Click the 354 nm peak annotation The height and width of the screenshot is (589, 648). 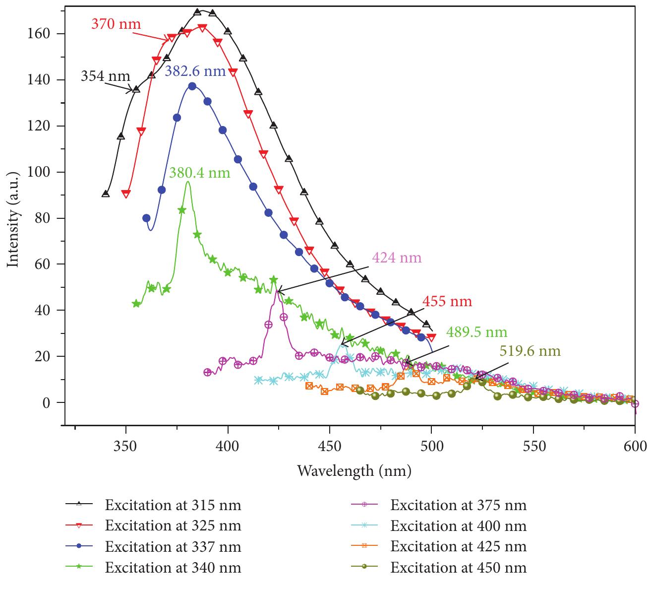pos(106,76)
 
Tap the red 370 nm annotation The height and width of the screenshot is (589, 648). pos(116,23)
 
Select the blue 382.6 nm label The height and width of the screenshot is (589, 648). pos(195,71)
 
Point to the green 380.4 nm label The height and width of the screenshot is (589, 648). pos(200,173)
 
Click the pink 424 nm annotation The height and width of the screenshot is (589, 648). pos(396,258)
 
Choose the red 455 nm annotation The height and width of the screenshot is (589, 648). pos(447,301)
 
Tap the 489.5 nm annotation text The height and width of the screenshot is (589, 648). pos(476,331)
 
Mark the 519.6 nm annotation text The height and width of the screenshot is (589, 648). pos(530,351)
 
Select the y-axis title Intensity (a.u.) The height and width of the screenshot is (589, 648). pos(13,220)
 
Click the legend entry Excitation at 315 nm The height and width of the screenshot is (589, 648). pos(173,505)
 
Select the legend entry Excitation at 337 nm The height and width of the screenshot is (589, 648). pos(173,547)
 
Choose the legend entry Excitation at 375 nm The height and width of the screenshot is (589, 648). pos(458,505)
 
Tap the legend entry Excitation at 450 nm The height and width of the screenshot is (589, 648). pos(458,567)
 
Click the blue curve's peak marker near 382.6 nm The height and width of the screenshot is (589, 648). pos(192,86)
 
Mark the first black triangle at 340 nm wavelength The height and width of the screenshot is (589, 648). pos(106,194)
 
